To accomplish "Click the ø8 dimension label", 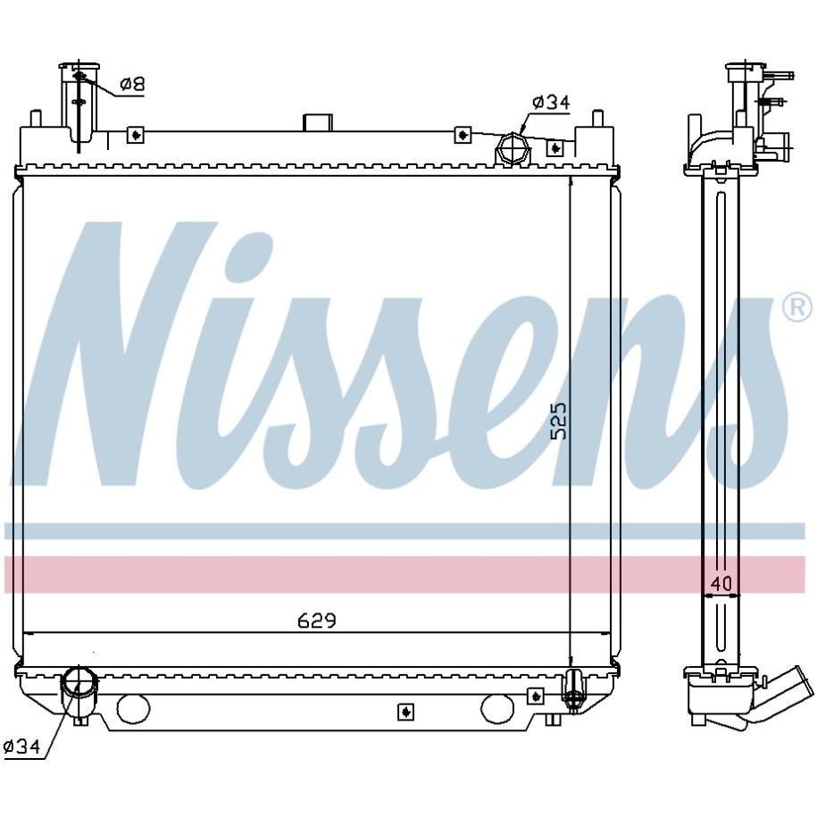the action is point(132,84).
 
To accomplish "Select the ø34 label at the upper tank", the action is point(551,103).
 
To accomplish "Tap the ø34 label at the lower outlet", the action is point(21,746).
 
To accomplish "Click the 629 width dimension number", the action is point(317,621).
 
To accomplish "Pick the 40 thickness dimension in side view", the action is point(721,584).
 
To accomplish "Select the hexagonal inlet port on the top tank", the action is point(513,149).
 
